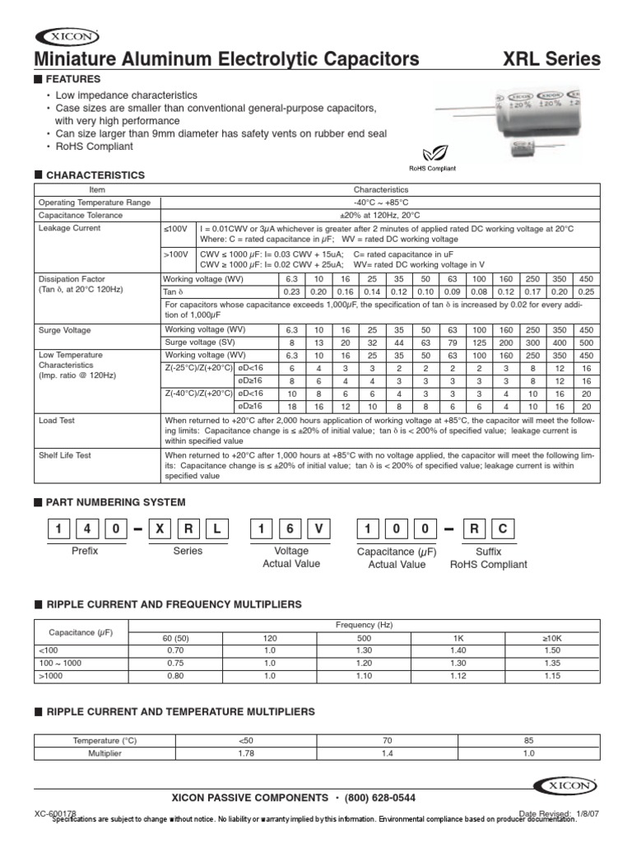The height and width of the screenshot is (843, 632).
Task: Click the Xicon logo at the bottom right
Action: pyautogui.click(x=567, y=785)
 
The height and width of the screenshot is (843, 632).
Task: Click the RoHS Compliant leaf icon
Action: pyautogui.click(x=431, y=153)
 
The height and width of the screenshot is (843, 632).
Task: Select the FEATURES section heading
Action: pyautogui.click(x=73, y=79)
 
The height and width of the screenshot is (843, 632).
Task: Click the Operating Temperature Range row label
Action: pyautogui.click(x=95, y=202)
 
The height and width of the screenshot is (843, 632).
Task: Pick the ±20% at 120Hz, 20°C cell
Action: pyautogui.click(x=380, y=215)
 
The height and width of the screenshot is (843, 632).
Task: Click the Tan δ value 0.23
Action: pyautogui.click(x=291, y=291)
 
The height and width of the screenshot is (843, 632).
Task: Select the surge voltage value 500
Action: pyautogui.click(x=585, y=342)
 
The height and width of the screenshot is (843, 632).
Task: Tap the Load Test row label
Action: pyautogui.click(x=57, y=420)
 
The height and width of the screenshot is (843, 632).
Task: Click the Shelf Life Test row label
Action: pyautogui.click(x=64, y=454)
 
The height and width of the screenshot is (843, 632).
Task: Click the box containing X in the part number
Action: pyautogui.click(x=159, y=530)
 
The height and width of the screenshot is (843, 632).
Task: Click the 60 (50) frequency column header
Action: pyautogui.click(x=164, y=637)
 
